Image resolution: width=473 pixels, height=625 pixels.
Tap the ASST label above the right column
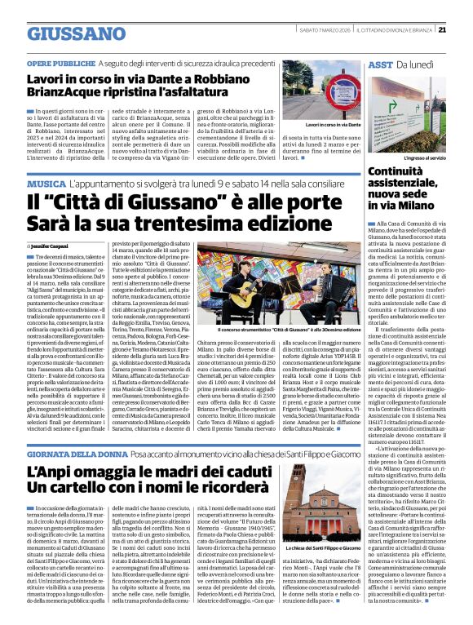tap(379, 64)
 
